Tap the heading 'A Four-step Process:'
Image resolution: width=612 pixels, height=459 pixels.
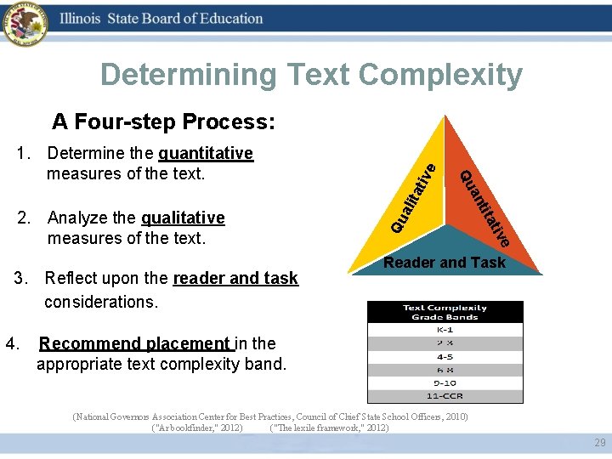(x=163, y=122)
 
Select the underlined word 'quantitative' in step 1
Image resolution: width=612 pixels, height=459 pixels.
(x=206, y=153)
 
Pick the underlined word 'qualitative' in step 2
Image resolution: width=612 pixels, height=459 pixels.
(x=183, y=218)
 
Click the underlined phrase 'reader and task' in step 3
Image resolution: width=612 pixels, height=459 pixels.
(x=235, y=278)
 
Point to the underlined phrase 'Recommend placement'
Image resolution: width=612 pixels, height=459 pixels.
(x=133, y=343)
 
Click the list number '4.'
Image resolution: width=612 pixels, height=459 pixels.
(x=13, y=343)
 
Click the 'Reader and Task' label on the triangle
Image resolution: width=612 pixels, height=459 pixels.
(x=445, y=263)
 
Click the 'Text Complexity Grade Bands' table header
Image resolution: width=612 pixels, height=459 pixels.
(x=445, y=312)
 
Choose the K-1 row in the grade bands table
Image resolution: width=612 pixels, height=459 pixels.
(x=445, y=330)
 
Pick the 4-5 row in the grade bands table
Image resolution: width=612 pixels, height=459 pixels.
(x=445, y=357)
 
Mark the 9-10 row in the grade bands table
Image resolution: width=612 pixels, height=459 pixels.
(x=445, y=383)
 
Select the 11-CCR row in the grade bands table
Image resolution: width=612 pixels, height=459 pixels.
(x=445, y=396)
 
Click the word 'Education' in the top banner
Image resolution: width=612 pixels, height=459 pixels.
(x=225, y=19)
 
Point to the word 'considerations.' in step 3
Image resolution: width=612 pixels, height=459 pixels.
(x=101, y=302)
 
